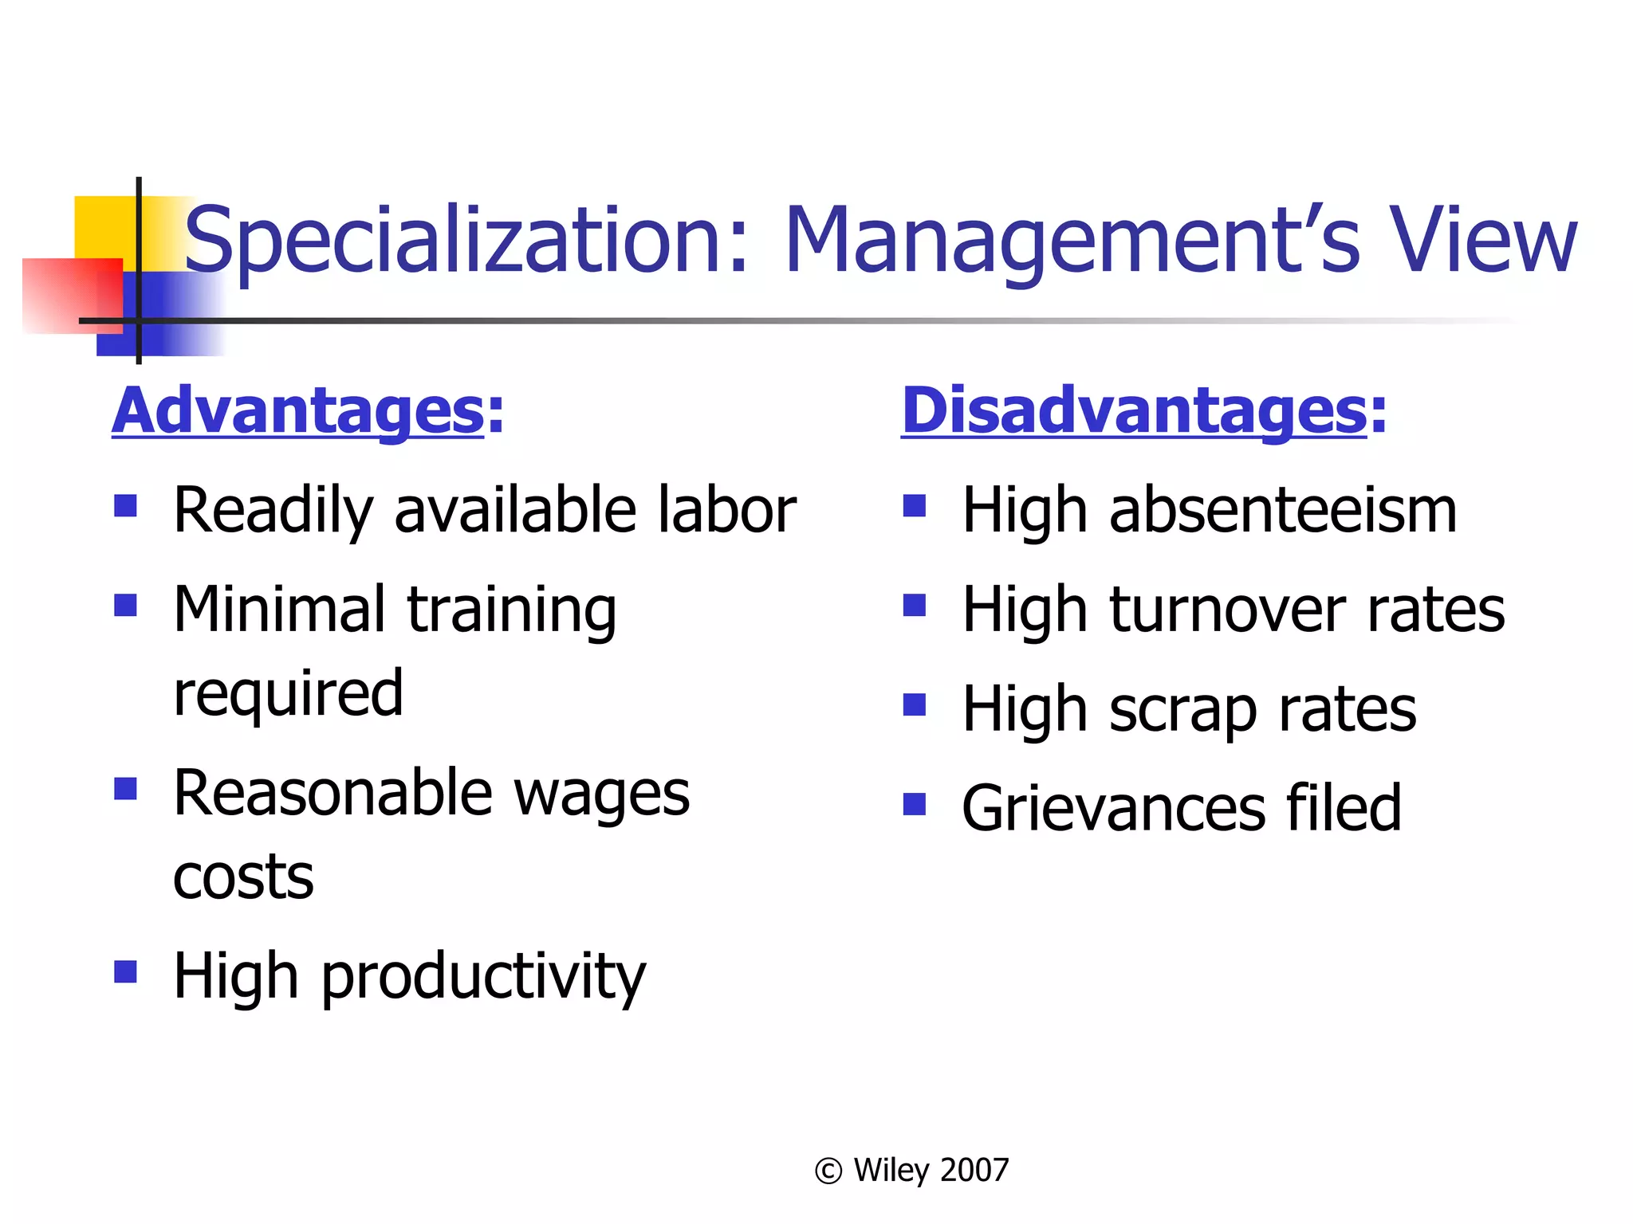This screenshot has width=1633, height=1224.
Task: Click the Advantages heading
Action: (x=308, y=411)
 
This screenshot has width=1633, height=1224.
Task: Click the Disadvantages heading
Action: (x=1144, y=411)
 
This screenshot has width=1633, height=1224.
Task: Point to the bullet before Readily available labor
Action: (x=125, y=506)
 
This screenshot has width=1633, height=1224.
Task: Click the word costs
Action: (x=243, y=877)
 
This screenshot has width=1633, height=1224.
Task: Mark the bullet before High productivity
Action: (x=125, y=971)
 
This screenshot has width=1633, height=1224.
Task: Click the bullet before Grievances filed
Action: (x=914, y=804)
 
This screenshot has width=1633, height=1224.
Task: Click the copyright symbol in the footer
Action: (x=828, y=1171)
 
